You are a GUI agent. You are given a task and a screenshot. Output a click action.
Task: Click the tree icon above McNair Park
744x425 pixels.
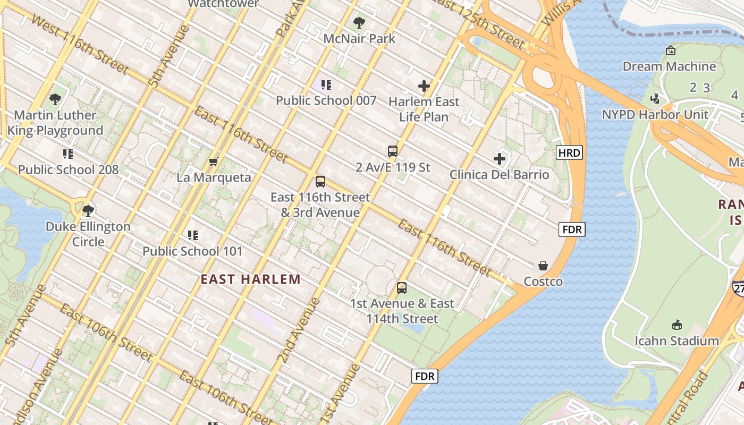click(x=359, y=22)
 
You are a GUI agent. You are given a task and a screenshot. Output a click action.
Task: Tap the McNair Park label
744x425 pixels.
click(x=359, y=39)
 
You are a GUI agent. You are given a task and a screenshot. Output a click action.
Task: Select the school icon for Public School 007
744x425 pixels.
click(x=326, y=85)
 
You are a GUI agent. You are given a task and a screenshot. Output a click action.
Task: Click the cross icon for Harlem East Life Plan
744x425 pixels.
click(x=424, y=86)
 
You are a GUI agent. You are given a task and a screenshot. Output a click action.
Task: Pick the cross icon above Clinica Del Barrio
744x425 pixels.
click(x=499, y=159)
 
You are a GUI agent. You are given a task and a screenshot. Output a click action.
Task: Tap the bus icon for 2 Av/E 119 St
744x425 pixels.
click(x=393, y=151)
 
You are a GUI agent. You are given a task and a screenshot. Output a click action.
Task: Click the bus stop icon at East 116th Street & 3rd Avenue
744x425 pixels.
click(x=320, y=182)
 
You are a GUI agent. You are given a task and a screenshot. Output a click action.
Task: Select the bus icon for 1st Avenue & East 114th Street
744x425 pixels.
click(x=402, y=288)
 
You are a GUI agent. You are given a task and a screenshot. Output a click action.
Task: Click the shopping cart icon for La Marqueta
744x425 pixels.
click(x=214, y=161)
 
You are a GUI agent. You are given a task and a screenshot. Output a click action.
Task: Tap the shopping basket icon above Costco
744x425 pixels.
click(x=543, y=266)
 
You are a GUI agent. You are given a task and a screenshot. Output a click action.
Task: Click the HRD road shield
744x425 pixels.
click(x=570, y=153)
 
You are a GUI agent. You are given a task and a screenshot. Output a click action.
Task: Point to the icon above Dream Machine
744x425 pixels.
click(x=670, y=51)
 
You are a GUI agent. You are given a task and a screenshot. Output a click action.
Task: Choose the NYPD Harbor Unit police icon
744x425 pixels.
click(x=655, y=99)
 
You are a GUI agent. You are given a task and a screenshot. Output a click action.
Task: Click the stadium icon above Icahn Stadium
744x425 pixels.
click(x=677, y=325)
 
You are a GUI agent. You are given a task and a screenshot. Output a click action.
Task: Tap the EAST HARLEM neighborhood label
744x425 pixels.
click(x=250, y=279)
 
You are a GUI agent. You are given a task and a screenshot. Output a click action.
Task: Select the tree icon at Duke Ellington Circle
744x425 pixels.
click(x=88, y=211)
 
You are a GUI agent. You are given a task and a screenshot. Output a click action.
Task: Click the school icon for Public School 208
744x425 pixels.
click(x=67, y=154)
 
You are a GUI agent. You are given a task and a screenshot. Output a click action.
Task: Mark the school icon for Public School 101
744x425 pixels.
click(x=192, y=235)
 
